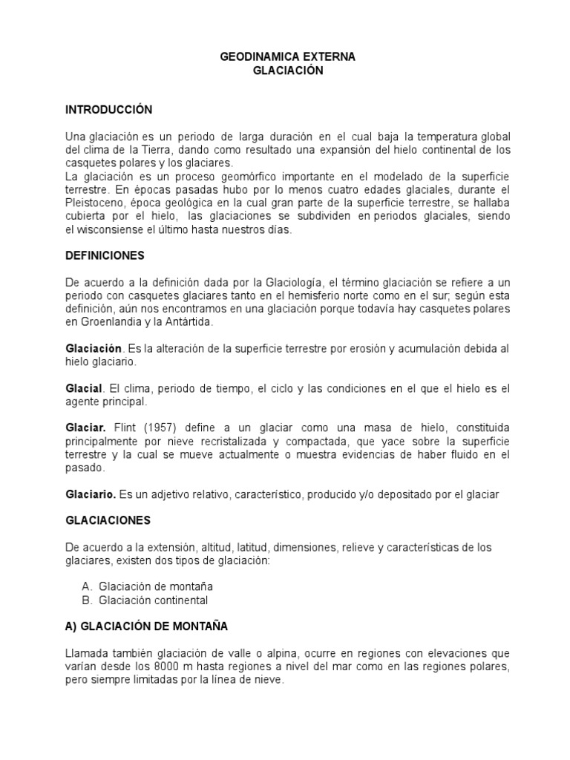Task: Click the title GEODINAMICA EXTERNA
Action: coord(289,57)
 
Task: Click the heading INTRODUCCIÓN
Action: coord(108,110)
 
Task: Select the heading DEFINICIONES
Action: coord(105,255)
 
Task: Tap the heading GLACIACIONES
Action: coord(108,520)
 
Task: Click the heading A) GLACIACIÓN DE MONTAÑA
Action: coord(146,626)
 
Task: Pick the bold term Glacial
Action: coord(83,390)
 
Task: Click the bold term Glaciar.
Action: coord(85,430)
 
